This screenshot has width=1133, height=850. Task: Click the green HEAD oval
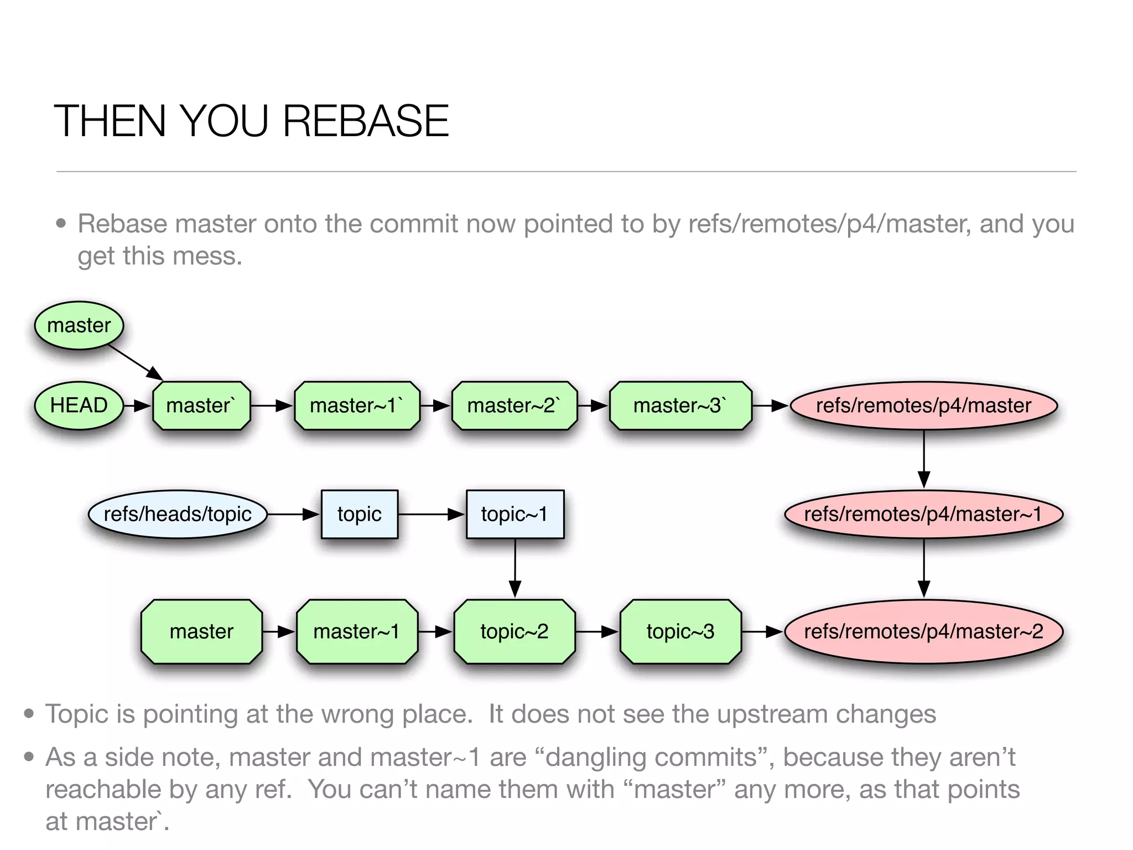tap(79, 406)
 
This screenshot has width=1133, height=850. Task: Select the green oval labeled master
tap(79, 325)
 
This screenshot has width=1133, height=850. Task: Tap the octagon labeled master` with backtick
tap(201, 406)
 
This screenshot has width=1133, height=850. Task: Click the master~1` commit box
tap(357, 406)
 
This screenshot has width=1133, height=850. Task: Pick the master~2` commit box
tap(514, 406)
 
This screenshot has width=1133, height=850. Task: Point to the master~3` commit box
tap(680, 406)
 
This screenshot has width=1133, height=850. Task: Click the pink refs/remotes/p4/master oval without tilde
tap(923, 406)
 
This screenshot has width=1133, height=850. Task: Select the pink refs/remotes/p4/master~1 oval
tap(923, 514)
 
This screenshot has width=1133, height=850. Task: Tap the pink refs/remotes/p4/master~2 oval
tap(923, 631)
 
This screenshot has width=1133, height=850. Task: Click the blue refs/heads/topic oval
tap(178, 514)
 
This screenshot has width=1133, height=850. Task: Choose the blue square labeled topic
tap(360, 514)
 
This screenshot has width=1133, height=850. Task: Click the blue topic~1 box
tap(514, 514)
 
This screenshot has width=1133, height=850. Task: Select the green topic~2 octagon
tap(514, 631)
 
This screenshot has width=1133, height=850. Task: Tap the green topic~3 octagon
tap(680, 631)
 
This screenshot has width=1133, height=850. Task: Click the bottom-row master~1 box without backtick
tap(357, 631)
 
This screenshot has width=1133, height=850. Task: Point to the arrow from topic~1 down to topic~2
tap(515, 568)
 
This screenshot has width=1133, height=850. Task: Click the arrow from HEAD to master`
tap(137, 406)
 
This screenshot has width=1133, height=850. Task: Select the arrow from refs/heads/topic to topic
tap(294, 514)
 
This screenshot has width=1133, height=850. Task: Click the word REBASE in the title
tap(366, 121)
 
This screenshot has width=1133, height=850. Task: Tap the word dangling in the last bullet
tap(595, 757)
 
